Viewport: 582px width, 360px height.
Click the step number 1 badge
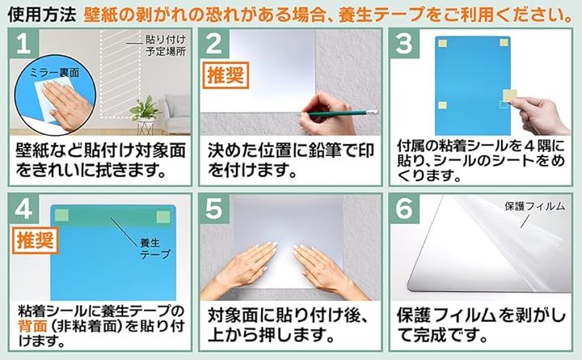pyautogui.click(x=23, y=44)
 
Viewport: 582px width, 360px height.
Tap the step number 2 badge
pyautogui.click(x=214, y=44)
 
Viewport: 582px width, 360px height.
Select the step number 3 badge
pyautogui.click(x=404, y=44)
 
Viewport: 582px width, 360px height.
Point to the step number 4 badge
pyautogui.click(x=23, y=209)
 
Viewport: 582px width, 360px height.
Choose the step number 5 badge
pyautogui.click(x=214, y=209)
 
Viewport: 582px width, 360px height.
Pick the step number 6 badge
pyautogui.click(x=404, y=209)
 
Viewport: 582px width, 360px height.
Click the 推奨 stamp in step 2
pyautogui.click(x=226, y=75)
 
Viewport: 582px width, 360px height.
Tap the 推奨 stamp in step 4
pyautogui.click(x=36, y=240)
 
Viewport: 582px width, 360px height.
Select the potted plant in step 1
pyautogui.click(x=145, y=114)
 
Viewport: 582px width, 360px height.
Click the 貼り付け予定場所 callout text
pyautogui.click(x=166, y=45)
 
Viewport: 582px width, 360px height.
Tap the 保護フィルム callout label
pyautogui.click(x=534, y=206)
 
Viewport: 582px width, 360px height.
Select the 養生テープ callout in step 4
pyautogui.click(x=154, y=248)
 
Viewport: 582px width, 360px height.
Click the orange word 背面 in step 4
pyautogui.click(x=32, y=326)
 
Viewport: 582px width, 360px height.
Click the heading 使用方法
pyautogui.click(x=42, y=14)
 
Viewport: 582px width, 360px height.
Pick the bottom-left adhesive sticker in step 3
pyautogui.click(x=442, y=105)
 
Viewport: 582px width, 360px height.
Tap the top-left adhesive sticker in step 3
pyautogui.click(x=443, y=44)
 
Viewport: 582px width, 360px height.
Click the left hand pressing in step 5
pyautogui.click(x=241, y=269)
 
